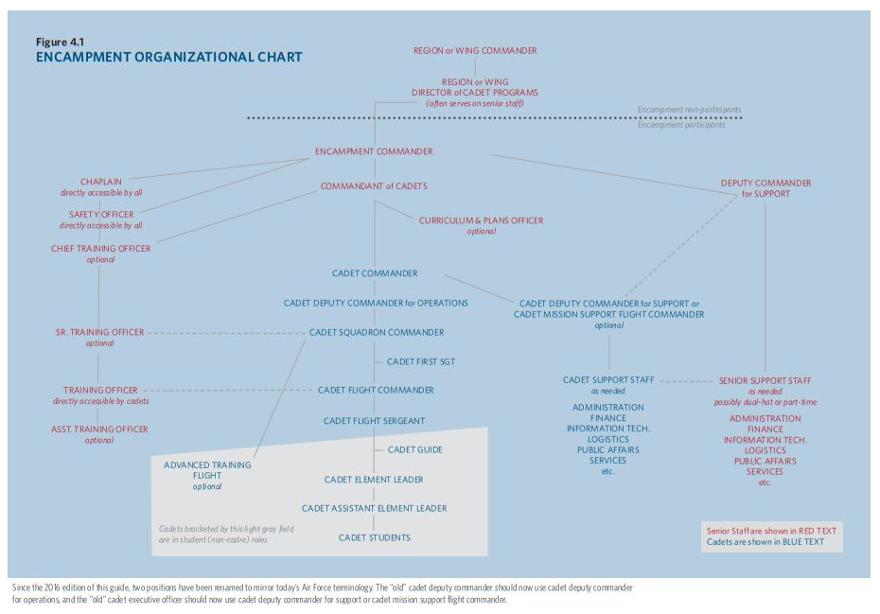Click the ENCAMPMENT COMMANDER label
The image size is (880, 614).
pyautogui.click(x=374, y=151)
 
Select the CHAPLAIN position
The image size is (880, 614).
pyautogui.click(x=100, y=181)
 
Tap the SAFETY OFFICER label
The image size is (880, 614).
pyautogui.click(x=101, y=215)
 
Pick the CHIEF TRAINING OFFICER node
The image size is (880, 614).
pyautogui.click(x=100, y=249)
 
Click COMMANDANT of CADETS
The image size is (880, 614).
pyautogui.click(x=374, y=186)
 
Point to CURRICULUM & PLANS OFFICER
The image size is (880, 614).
pyautogui.click(x=482, y=220)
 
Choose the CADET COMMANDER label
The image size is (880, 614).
pyautogui.click(x=375, y=273)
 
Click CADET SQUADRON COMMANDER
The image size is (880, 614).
pyautogui.click(x=377, y=332)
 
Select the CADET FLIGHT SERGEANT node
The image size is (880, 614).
pyautogui.click(x=374, y=420)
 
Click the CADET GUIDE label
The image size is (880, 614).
pyautogui.click(x=415, y=449)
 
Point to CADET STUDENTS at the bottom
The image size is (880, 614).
pyautogui.click(x=375, y=537)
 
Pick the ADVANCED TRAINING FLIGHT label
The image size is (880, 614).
pyautogui.click(x=207, y=470)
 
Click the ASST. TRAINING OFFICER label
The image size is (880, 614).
pyautogui.click(x=99, y=429)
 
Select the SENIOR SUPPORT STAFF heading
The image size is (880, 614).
pyautogui.click(x=765, y=380)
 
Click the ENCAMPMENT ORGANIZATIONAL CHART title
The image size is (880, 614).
pyautogui.click(x=169, y=57)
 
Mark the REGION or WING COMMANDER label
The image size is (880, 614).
pyautogui.click(x=475, y=50)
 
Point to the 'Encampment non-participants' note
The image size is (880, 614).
pyautogui.click(x=689, y=110)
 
